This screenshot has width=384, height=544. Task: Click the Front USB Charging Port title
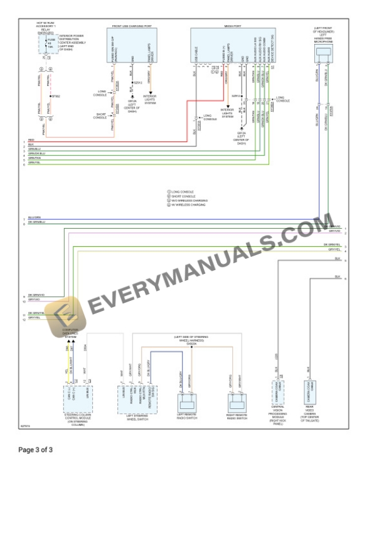pyautogui.click(x=131, y=26)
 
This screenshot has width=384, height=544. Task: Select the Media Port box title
pyautogui.click(x=232, y=26)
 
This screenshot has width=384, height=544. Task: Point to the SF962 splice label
pyautogui.click(x=56, y=96)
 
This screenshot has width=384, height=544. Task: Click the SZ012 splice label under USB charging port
pyautogui.click(x=139, y=82)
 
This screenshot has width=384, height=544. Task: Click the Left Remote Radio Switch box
pyautogui.click(x=188, y=402)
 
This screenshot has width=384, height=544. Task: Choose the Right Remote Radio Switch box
pyautogui.click(x=235, y=402)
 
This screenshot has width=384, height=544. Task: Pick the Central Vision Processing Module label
pyautogui.click(x=278, y=415)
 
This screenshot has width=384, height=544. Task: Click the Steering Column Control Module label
pyautogui.click(x=78, y=419)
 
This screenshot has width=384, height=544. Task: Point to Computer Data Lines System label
pyautogui.click(x=70, y=333)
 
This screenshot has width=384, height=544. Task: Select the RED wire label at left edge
pyautogui.click(x=31, y=139)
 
